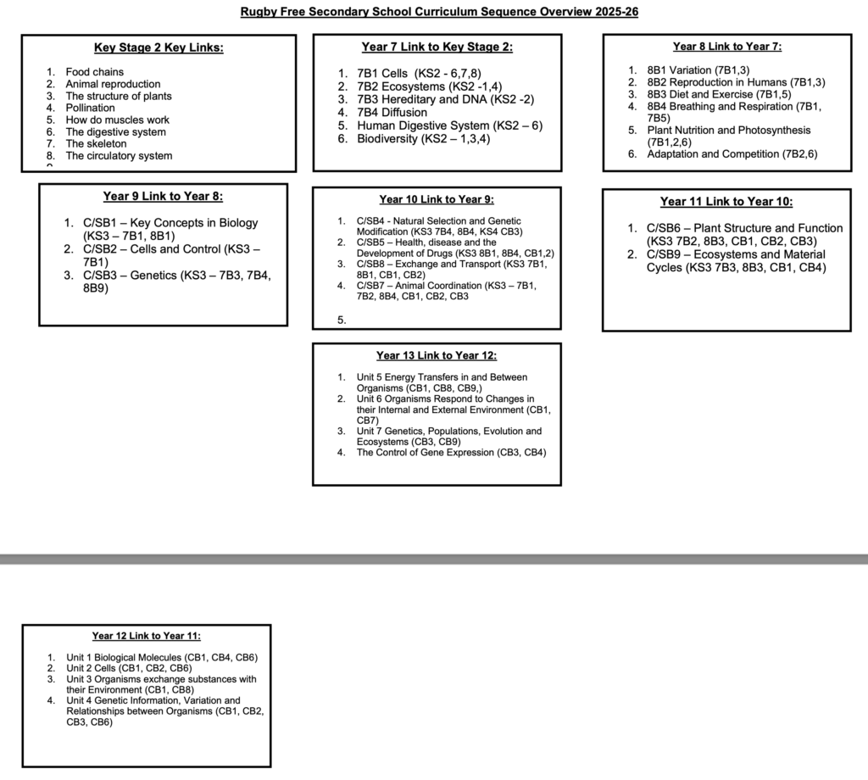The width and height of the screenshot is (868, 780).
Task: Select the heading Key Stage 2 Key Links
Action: [x=159, y=47]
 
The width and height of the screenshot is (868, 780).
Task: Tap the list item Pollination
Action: [x=90, y=108]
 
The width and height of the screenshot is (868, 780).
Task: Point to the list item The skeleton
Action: [x=96, y=143]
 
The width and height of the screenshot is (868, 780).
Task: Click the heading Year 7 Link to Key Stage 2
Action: [x=437, y=47]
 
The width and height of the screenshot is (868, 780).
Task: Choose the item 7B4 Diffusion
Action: [x=392, y=112]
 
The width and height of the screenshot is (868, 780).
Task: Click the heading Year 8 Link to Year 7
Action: [x=726, y=47]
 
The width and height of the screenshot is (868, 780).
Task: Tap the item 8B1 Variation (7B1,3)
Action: [x=698, y=70]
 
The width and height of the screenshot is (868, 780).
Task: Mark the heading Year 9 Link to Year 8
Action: [x=163, y=197]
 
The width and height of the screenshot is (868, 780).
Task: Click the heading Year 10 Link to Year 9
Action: [x=437, y=199]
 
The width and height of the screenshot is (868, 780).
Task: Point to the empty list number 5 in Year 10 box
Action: [x=342, y=320]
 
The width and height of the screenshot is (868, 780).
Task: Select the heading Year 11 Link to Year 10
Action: [x=726, y=202]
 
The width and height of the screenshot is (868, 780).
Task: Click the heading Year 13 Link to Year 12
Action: [x=437, y=355]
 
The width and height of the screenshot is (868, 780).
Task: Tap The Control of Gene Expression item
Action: [x=451, y=453]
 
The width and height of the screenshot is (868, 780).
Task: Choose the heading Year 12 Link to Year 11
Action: [x=147, y=636]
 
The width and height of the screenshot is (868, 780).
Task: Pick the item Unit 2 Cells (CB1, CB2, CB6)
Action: [x=129, y=668]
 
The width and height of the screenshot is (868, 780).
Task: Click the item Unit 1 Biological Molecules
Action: [x=162, y=657]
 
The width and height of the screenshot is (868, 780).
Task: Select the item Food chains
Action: [x=94, y=72]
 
